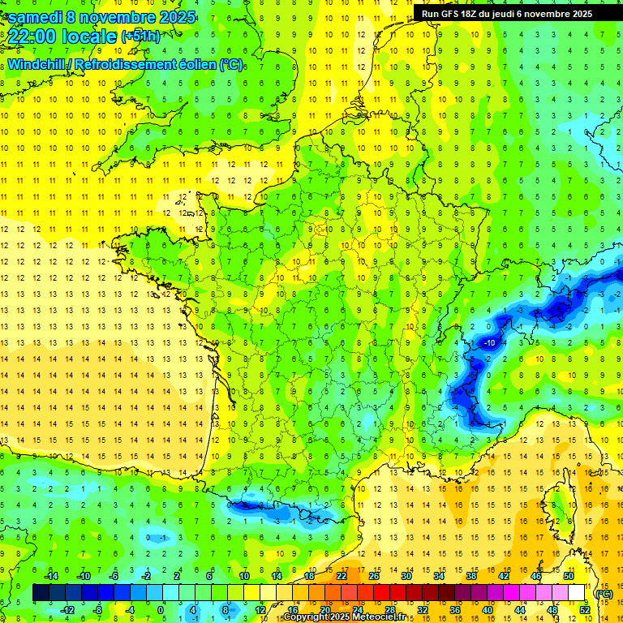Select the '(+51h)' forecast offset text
click(x=140, y=37)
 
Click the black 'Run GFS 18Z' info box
click(x=507, y=13)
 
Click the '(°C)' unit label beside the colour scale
click(x=604, y=593)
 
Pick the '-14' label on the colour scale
click(x=51, y=576)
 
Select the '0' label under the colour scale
click(x=161, y=610)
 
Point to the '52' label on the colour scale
click(x=584, y=610)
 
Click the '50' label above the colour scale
click(x=568, y=576)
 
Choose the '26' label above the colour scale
click(x=373, y=576)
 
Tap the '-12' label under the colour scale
click(x=67, y=610)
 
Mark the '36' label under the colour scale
click(x=454, y=610)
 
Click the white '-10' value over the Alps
click(x=489, y=343)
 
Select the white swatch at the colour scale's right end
click(x=577, y=593)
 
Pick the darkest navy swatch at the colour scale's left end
click(x=41, y=593)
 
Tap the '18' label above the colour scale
click(x=309, y=576)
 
